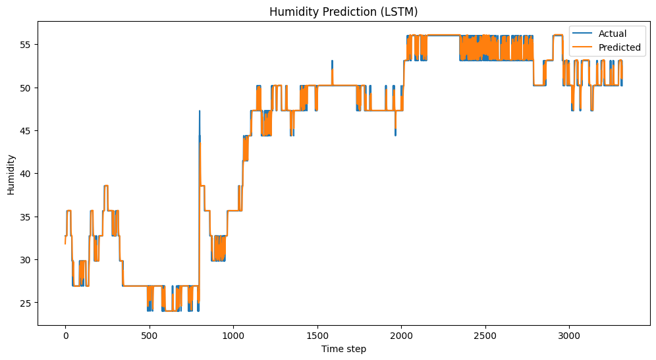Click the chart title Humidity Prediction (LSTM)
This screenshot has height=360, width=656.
tap(343, 11)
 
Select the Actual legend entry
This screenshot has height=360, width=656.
tap(612, 34)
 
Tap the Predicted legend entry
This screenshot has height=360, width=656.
tap(619, 47)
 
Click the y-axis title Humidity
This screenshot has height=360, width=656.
tap(11, 174)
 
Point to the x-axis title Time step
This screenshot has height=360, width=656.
tap(343, 349)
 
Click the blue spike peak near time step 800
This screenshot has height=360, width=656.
tap(199, 111)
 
